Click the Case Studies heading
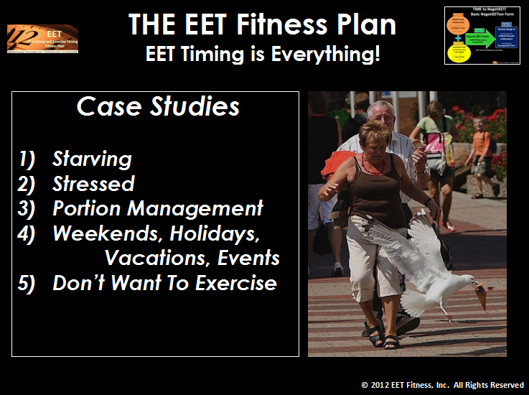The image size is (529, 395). pos(158,107)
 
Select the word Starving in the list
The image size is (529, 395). pos(92,159)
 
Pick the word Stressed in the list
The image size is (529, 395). pos(93,184)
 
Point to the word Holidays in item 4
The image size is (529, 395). pos(225,233)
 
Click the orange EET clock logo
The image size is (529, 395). pos(42,38)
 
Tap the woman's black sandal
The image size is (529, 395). pos(391,342)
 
